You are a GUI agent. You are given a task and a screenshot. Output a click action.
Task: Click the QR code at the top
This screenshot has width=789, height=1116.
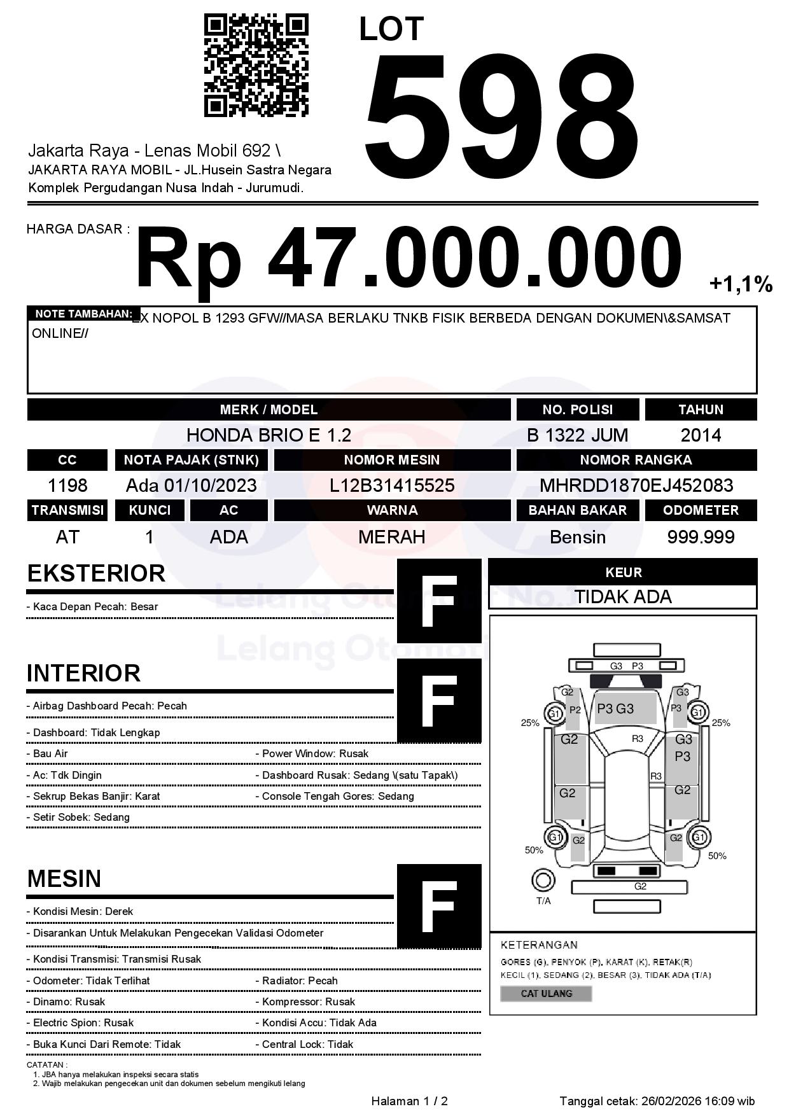(x=256, y=66)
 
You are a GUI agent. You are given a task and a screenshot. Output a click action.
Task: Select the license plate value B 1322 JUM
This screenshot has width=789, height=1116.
(x=577, y=435)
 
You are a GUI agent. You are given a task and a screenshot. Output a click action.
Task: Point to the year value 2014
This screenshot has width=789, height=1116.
(x=701, y=435)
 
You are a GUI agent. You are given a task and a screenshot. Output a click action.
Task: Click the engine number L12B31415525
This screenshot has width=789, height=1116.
(x=392, y=485)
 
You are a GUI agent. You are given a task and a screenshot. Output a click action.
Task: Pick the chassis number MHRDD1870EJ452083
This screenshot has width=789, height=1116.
(x=636, y=485)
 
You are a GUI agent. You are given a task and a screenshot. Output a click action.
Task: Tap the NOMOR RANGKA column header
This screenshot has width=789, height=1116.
(x=636, y=460)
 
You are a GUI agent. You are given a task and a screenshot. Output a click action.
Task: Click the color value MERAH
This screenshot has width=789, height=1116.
(x=392, y=537)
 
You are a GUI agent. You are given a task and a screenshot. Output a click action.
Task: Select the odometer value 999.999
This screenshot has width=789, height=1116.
(x=701, y=537)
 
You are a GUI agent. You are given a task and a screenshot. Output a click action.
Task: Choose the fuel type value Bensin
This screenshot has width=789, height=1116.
(x=577, y=537)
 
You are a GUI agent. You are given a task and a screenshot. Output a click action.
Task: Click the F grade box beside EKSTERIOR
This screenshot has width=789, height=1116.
(x=439, y=601)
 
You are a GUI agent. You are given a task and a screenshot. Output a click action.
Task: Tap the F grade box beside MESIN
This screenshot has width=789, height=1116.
(x=439, y=905)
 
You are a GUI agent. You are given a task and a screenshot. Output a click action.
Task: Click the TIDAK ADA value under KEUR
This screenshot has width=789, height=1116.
(x=623, y=597)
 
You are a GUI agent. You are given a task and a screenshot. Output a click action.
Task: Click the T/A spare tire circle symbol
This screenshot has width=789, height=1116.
(x=543, y=881)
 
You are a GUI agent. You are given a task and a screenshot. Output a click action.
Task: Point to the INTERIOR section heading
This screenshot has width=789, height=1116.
(x=84, y=673)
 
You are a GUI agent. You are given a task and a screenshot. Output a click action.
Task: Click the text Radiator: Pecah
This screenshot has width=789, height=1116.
(x=300, y=980)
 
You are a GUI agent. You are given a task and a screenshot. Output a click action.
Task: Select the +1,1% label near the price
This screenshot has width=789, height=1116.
(x=741, y=284)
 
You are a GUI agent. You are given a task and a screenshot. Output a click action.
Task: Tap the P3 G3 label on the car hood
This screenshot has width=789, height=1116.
(x=615, y=709)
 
